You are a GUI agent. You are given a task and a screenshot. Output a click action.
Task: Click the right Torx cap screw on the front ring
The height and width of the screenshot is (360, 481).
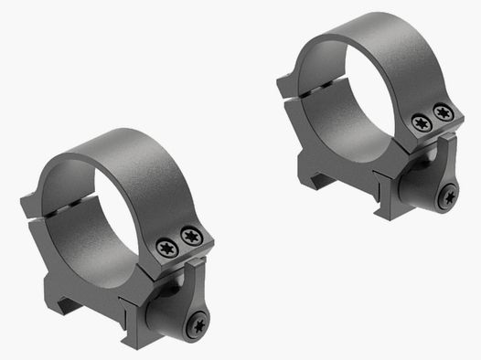point(190,238)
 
